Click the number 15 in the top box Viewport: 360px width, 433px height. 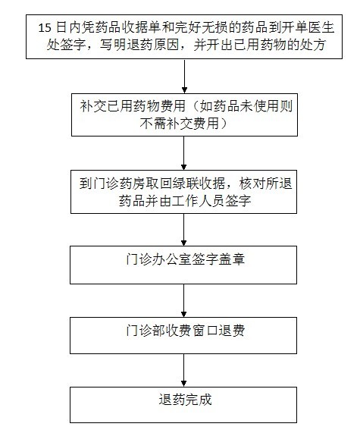tap(45, 27)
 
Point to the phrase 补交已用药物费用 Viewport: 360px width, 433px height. tap(133, 105)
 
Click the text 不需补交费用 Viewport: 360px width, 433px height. tap(180, 123)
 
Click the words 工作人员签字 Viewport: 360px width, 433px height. tap(211, 200)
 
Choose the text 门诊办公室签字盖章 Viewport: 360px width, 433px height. tap(185, 259)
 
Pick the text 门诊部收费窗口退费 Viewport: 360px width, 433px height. tap(185, 331)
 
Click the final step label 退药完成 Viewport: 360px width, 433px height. tap(185, 400)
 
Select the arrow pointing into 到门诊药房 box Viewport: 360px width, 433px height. tap(184, 153)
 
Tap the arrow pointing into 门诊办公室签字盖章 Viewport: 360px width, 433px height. tap(184, 230)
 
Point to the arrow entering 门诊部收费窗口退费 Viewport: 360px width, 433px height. tap(184, 301)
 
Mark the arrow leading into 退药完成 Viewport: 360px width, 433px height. tap(184, 370)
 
